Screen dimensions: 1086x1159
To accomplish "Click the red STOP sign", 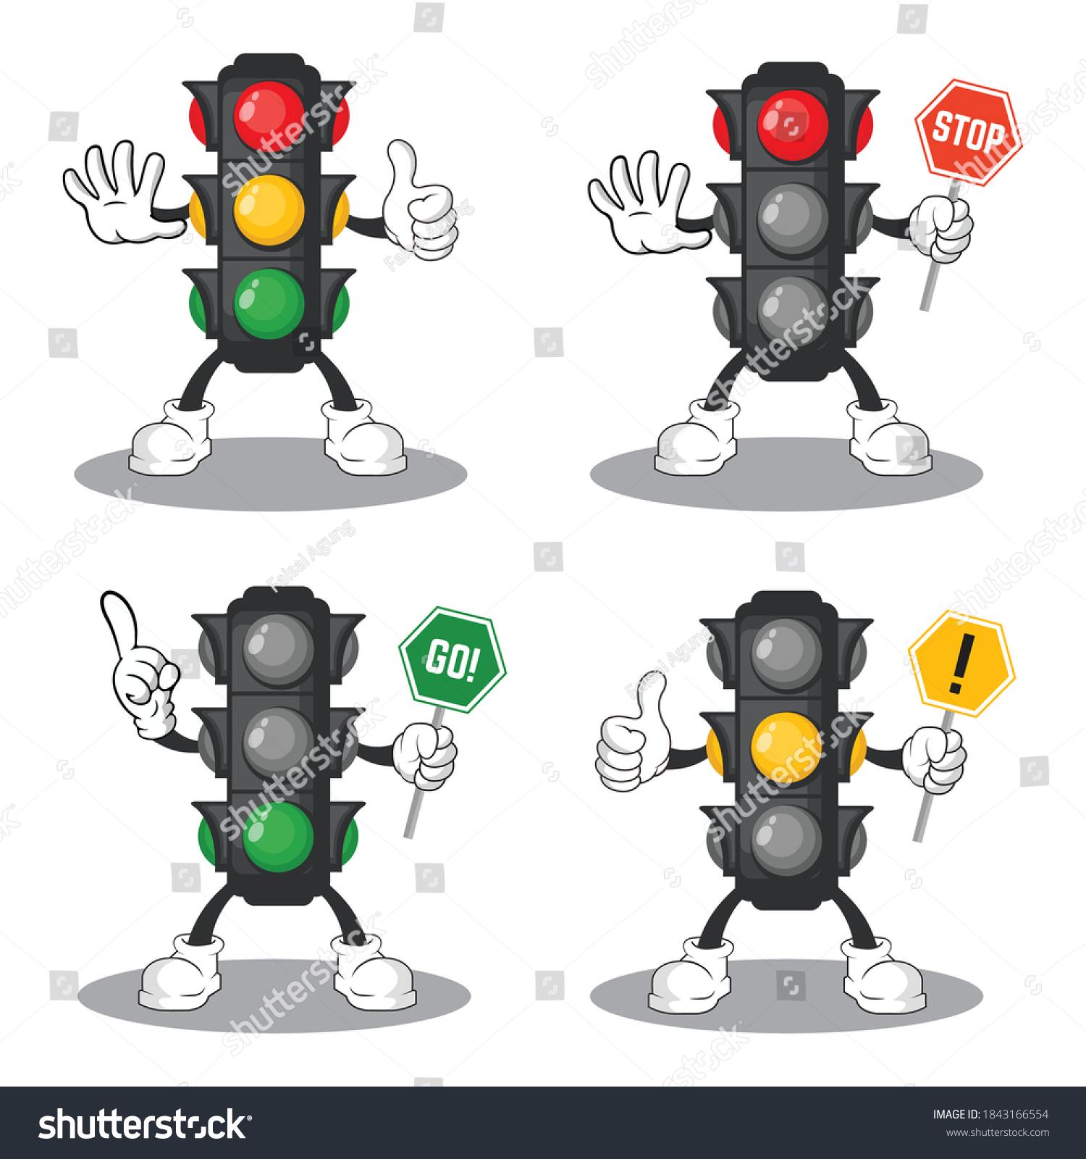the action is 969,133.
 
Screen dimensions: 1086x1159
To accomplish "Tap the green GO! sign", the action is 452,659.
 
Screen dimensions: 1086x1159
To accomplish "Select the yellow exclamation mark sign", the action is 961,664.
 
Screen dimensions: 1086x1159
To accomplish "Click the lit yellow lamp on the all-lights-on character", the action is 269,210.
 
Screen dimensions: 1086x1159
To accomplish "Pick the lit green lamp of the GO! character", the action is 278,837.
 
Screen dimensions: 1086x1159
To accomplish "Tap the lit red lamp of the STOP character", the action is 793,125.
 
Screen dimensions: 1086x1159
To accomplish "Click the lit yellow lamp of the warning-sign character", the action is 787,747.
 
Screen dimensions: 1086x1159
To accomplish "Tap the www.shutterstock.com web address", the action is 998,1133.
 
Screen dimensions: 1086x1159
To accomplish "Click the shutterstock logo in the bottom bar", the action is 144,1125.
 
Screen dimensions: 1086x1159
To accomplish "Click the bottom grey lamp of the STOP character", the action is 793,311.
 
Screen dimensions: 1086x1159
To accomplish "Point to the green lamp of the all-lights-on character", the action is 269,304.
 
